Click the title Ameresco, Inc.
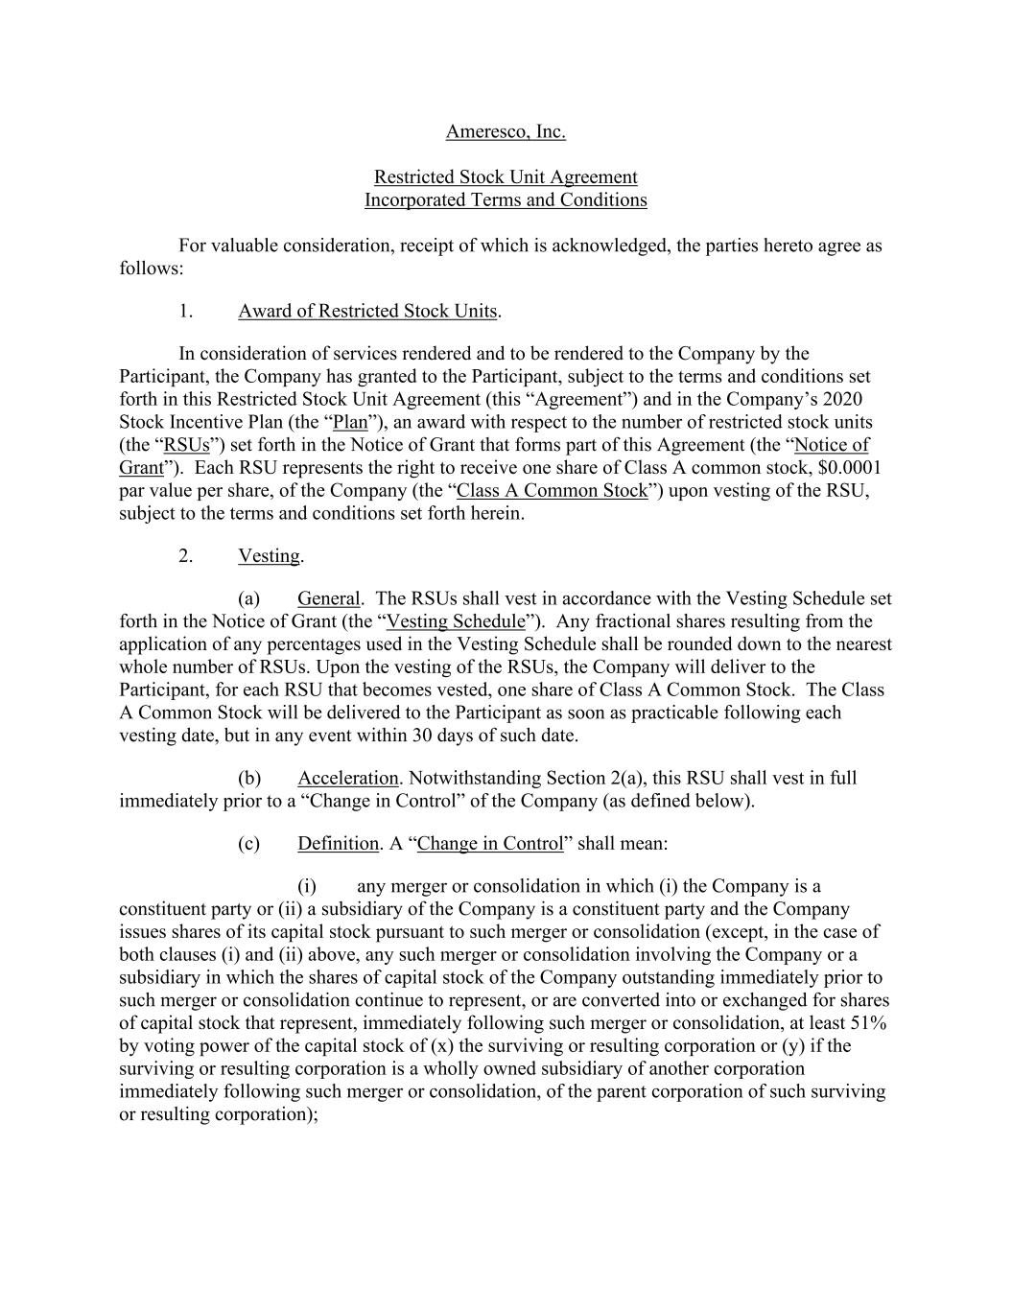tap(506, 131)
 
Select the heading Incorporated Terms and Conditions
tap(506, 200)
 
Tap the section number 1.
tap(186, 312)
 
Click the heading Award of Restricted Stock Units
tap(367, 312)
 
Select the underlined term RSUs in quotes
tap(187, 446)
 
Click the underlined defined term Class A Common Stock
tap(553, 491)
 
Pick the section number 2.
tap(186, 557)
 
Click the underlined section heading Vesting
tap(269, 557)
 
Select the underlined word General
tap(328, 599)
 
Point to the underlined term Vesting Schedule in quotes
tap(456, 622)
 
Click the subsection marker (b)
tap(248, 779)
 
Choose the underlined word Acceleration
tap(347, 779)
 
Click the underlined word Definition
tap(338, 844)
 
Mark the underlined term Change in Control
tap(490, 844)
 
